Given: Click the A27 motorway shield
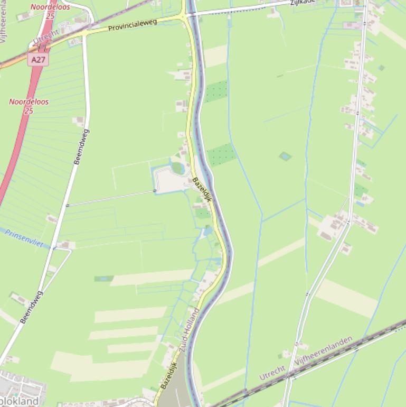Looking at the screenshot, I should (x=38, y=60).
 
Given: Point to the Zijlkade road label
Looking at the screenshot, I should (x=303, y=2).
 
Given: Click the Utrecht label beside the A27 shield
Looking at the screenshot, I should (x=46, y=38).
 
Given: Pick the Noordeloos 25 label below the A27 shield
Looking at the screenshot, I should (x=29, y=106).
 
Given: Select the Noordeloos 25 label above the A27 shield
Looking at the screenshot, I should (x=50, y=11).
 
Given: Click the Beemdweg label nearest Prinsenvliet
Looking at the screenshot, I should (x=31, y=307).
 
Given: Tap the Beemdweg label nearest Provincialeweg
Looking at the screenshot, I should (x=81, y=147).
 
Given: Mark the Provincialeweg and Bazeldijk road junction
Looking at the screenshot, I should (x=185, y=16).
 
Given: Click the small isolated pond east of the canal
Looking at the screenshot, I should (x=285, y=156).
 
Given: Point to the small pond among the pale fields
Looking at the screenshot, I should (x=103, y=279).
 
